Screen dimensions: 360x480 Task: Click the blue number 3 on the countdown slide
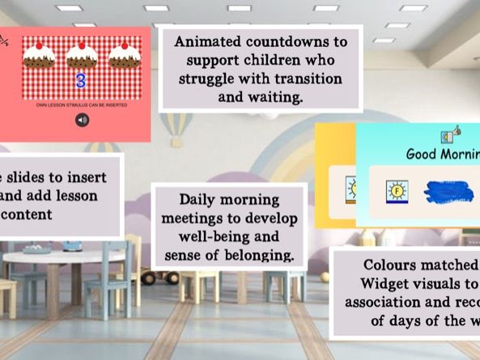pos(80,81)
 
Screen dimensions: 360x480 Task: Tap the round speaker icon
pos(82,120)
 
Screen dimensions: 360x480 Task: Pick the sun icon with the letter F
pos(397,193)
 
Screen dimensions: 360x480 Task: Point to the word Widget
pos(382,283)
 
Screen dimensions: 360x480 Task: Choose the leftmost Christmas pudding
pos(38,55)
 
